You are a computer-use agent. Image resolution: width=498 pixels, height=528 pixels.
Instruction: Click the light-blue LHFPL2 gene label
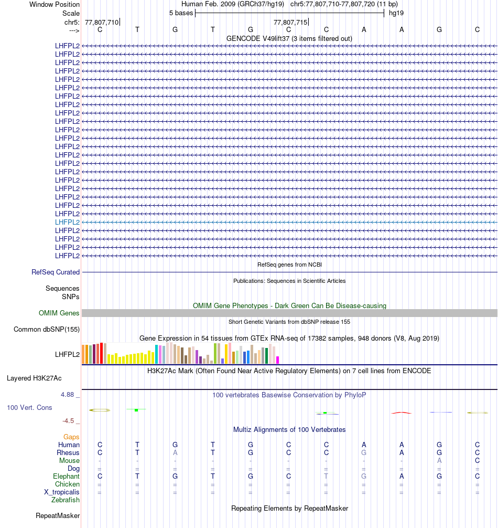point(68,222)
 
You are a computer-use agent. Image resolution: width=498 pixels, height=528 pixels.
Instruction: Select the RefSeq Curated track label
point(56,272)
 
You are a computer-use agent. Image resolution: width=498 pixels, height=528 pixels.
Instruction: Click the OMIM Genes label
point(59,313)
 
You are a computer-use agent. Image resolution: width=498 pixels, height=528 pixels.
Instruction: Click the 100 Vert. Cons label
point(29,407)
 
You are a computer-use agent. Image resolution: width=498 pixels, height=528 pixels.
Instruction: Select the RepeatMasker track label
point(58,516)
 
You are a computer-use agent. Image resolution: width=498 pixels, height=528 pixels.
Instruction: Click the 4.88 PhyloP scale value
point(70,394)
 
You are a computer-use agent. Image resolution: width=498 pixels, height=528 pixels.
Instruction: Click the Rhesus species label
point(68,452)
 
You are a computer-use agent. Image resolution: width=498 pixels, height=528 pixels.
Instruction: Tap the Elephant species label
point(66,476)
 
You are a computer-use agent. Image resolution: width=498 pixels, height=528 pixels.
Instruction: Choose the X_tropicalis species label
point(62,492)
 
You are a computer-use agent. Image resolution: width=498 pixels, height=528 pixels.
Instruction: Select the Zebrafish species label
point(66,500)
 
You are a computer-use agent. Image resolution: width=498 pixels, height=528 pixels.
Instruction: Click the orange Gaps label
point(71,437)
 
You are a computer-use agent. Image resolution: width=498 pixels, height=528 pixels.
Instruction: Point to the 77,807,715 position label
point(290,22)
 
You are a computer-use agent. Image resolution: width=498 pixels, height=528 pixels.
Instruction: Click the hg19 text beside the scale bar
point(396,13)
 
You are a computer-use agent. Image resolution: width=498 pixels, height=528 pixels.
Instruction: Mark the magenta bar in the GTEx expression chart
point(278,360)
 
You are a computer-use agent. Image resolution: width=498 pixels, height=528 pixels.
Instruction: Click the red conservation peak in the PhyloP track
point(401,413)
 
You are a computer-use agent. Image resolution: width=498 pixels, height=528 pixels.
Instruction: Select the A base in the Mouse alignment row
point(439,460)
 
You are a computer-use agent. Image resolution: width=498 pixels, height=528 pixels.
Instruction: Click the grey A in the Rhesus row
point(175,452)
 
